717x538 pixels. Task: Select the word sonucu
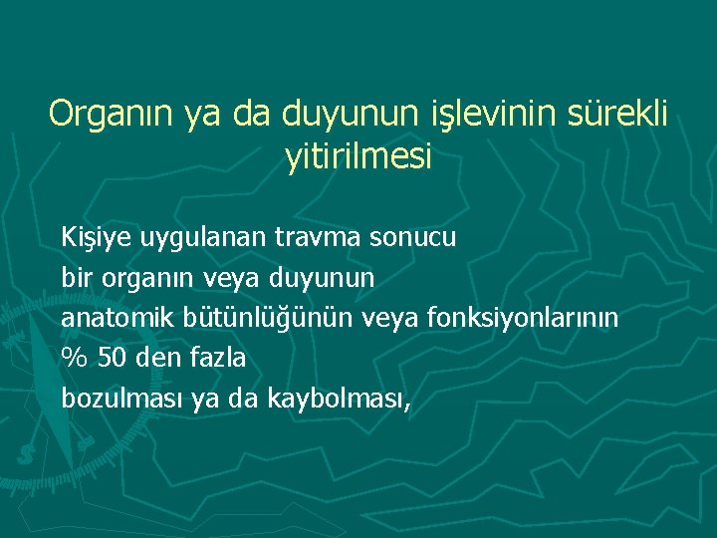413,238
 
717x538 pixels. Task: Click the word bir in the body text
75,278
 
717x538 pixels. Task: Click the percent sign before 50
74,358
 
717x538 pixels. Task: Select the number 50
113,358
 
